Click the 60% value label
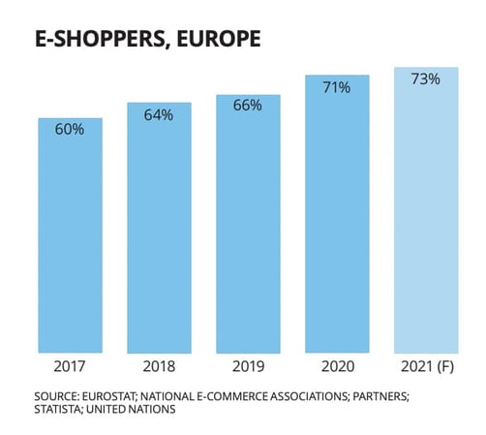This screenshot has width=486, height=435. point(70,129)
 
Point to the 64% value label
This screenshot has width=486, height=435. point(159,114)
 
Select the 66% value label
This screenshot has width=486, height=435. point(248,106)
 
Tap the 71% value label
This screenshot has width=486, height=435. point(337,87)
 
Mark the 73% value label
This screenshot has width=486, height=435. point(425,78)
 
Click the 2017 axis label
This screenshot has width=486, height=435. point(70,368)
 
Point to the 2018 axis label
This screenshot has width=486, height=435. point(159,368)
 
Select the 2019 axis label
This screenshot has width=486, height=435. point(248,368)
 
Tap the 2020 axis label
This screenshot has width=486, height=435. point(337,368)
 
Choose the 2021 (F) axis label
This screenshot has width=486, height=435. point(425,368)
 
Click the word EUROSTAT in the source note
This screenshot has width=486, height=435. point(117,395)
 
